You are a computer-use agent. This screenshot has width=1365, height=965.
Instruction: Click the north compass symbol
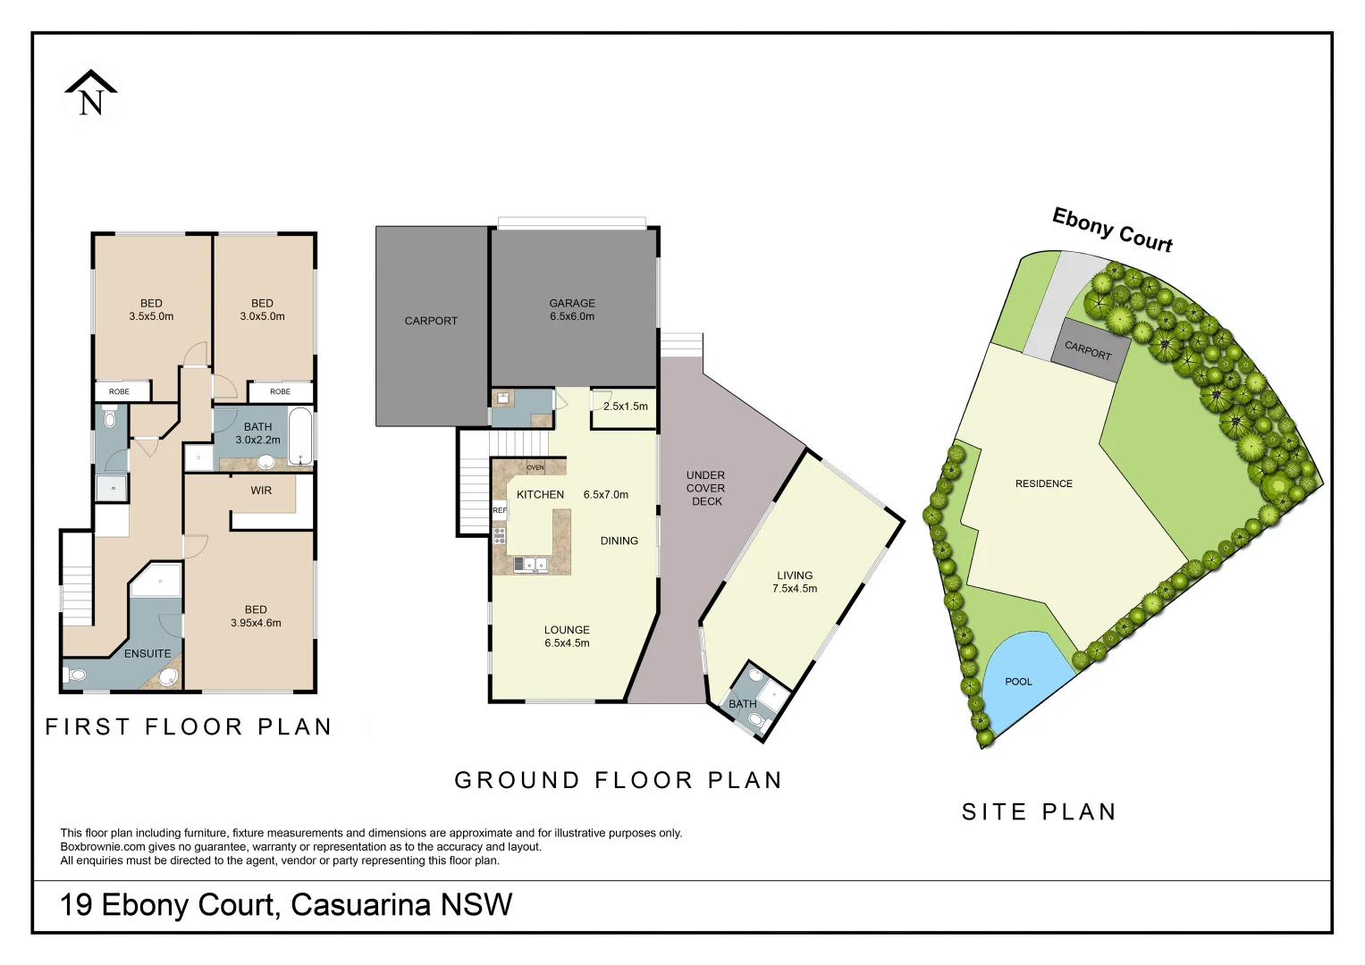(x=90, y=94)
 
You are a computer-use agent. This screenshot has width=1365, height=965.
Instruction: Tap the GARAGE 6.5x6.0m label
(x=572, y=310)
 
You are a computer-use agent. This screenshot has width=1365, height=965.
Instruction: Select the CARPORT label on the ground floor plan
(x=431, y=321)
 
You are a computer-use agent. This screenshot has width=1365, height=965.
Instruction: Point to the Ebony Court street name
(x=1112, y=230)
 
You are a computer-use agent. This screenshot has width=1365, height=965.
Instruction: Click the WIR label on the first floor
(x=261, y=491)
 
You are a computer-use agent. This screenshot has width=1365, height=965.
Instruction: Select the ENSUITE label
(x=147, y=654)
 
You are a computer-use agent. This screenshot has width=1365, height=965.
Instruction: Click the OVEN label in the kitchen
(x=535, y=467)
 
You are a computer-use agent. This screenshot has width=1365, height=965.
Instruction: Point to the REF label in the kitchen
(x=500, y=510)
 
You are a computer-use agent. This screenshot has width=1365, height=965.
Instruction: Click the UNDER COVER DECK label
(x=706, y=489)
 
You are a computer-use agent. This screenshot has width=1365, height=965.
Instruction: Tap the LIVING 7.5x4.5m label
(x=795, y=583)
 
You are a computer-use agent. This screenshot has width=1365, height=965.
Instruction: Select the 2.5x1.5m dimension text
(x=626, y=407)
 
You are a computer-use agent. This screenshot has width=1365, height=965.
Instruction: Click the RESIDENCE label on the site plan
(x=1043, y=484)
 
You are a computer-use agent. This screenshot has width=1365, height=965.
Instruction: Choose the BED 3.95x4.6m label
(x=256, y=617)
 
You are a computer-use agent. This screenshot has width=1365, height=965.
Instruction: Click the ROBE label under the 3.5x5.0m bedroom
(x=119, y=391)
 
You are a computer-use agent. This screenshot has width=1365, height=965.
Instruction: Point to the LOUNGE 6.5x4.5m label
(x=567, y=636)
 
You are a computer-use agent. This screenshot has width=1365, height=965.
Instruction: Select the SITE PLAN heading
(x=1039, y=812)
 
